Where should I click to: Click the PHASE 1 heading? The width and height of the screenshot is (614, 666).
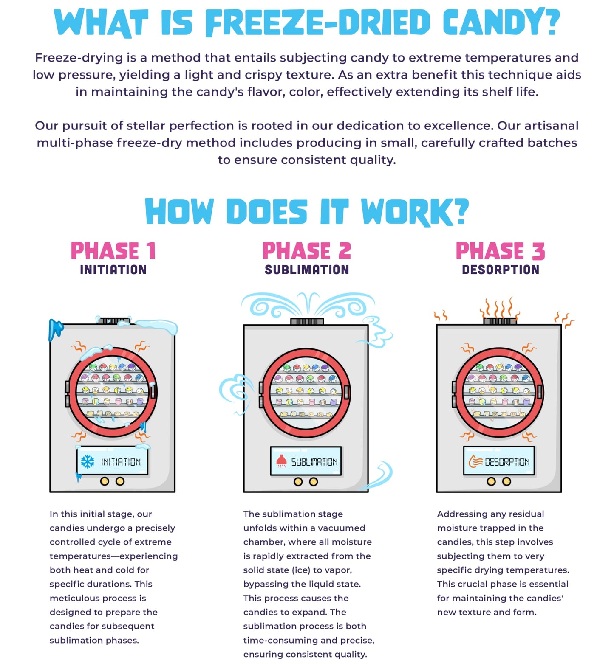[113, 250]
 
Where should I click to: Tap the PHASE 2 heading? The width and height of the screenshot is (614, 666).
[307, 250]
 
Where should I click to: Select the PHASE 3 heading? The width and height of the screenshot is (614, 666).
[500, 250]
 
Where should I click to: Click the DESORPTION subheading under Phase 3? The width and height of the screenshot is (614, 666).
[501, 270]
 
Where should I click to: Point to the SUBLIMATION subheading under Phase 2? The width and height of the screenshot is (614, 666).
[307, 270]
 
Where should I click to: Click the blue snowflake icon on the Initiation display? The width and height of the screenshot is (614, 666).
[88, 461]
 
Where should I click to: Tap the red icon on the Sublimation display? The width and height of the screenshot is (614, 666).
[281, 461]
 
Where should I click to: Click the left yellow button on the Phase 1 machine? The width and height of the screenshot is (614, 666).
[105, 481]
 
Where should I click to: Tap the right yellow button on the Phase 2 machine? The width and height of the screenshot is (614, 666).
[314, 481]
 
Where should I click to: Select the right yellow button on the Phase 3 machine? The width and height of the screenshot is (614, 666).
[506, 481]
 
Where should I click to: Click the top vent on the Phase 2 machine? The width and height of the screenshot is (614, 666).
[307, 321]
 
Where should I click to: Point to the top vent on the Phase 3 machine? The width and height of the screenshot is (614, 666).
[500, 321]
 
